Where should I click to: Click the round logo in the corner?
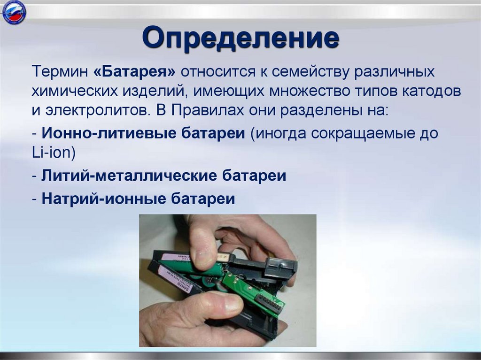coord(14,13)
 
